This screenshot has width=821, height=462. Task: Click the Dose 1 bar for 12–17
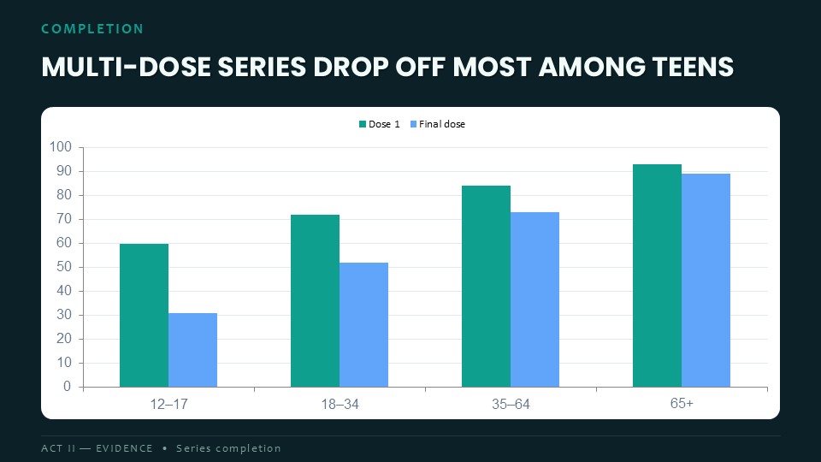144,316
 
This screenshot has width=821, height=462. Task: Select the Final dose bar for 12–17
192,350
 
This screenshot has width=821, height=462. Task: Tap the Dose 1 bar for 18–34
316,300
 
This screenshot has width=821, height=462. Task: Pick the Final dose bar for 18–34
364,325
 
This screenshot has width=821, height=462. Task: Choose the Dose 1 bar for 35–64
486,287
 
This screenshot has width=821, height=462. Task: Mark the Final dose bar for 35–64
535,299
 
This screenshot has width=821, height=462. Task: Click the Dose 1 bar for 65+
657,275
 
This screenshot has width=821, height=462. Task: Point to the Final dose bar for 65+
706,281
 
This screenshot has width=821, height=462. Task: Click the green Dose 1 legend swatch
363,124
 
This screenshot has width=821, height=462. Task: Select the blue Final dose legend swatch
413,124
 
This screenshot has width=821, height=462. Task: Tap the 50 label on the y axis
64,267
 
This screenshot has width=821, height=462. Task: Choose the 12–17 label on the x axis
168,405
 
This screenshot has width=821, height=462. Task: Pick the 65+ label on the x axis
682,403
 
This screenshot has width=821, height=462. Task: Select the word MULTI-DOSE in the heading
127,67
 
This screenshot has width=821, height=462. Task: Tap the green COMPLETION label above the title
92,29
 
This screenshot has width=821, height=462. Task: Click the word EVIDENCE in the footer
124,448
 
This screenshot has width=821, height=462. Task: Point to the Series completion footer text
228,448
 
